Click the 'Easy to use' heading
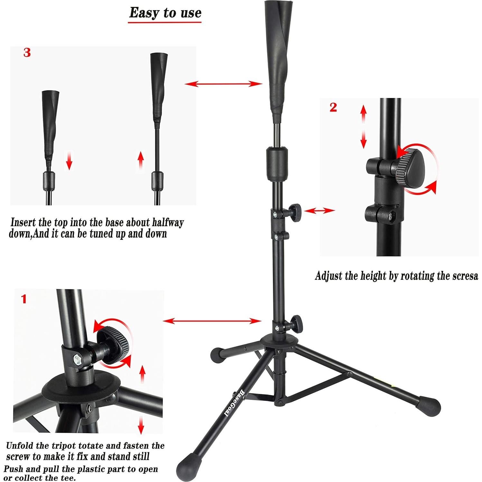coord(165,13)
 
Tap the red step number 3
coord(27,53)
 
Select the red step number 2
coord(333,107)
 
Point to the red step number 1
coord(23,299)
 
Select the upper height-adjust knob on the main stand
coord(294,210)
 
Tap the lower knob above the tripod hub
coord(296,323)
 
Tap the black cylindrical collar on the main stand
coord(276,163)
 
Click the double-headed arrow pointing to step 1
coord(212,321)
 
